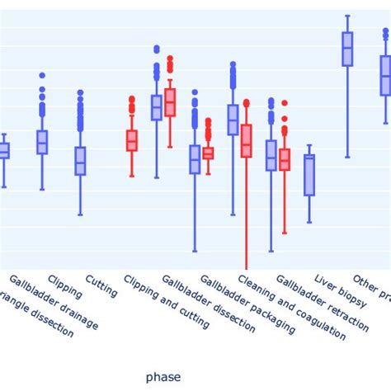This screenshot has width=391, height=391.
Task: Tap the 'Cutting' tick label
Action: [101, 285]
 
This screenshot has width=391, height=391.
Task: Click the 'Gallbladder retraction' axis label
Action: [322, 304]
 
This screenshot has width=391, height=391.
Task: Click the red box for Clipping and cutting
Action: [132, 141]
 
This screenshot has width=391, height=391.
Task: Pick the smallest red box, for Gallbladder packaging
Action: [208, 153]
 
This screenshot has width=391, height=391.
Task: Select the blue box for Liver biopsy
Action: [309, 175]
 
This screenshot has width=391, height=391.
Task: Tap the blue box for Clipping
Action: [42, 142]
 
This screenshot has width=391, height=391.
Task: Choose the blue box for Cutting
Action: [80, 161]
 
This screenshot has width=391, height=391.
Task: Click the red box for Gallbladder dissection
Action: [170, 102]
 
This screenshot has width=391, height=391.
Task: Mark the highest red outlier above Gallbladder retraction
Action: [285, 103]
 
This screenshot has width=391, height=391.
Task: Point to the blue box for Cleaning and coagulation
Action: [233, 120]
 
